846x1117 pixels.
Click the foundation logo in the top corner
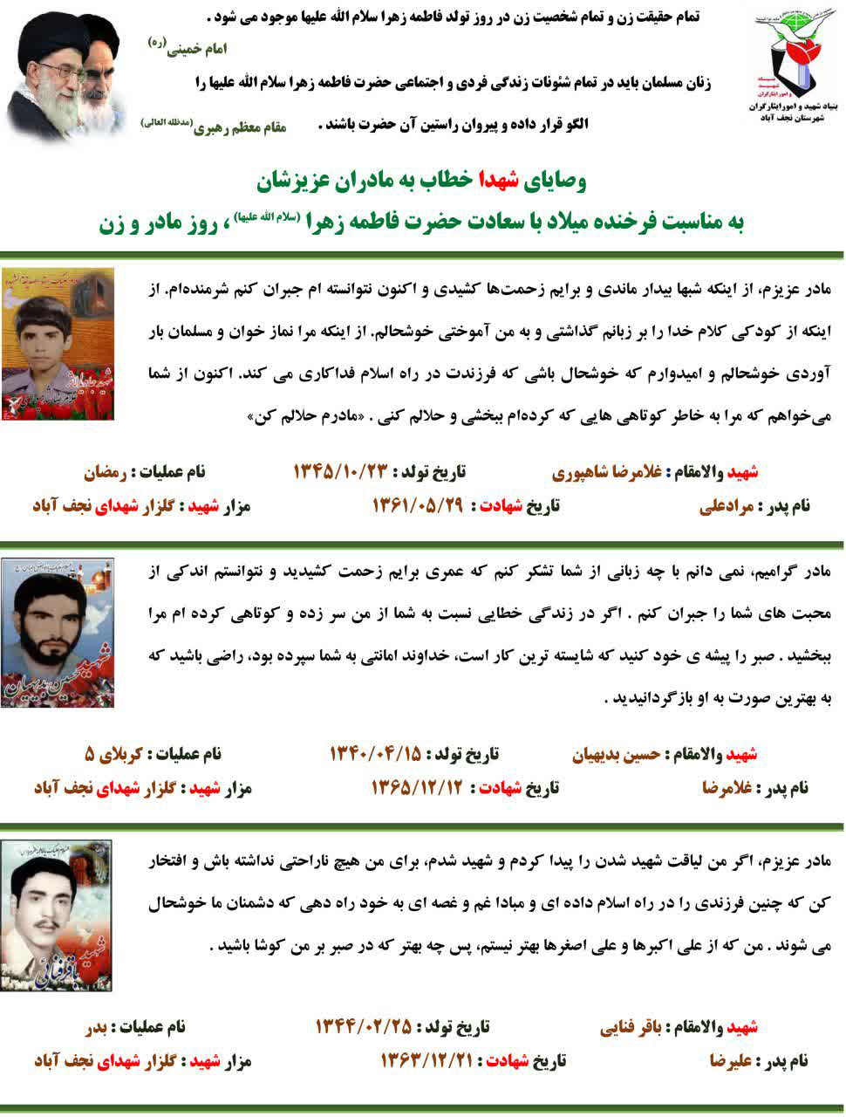[792, 62]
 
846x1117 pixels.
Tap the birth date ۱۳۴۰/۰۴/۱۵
[375, 753]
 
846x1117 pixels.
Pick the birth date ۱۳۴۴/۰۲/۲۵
[363, 1026]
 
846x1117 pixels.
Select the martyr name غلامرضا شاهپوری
[608, 473]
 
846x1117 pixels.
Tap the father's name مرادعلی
[730, 506]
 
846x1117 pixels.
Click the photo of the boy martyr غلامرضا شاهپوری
[58, 344]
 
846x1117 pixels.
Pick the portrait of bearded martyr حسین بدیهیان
[58, 633]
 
